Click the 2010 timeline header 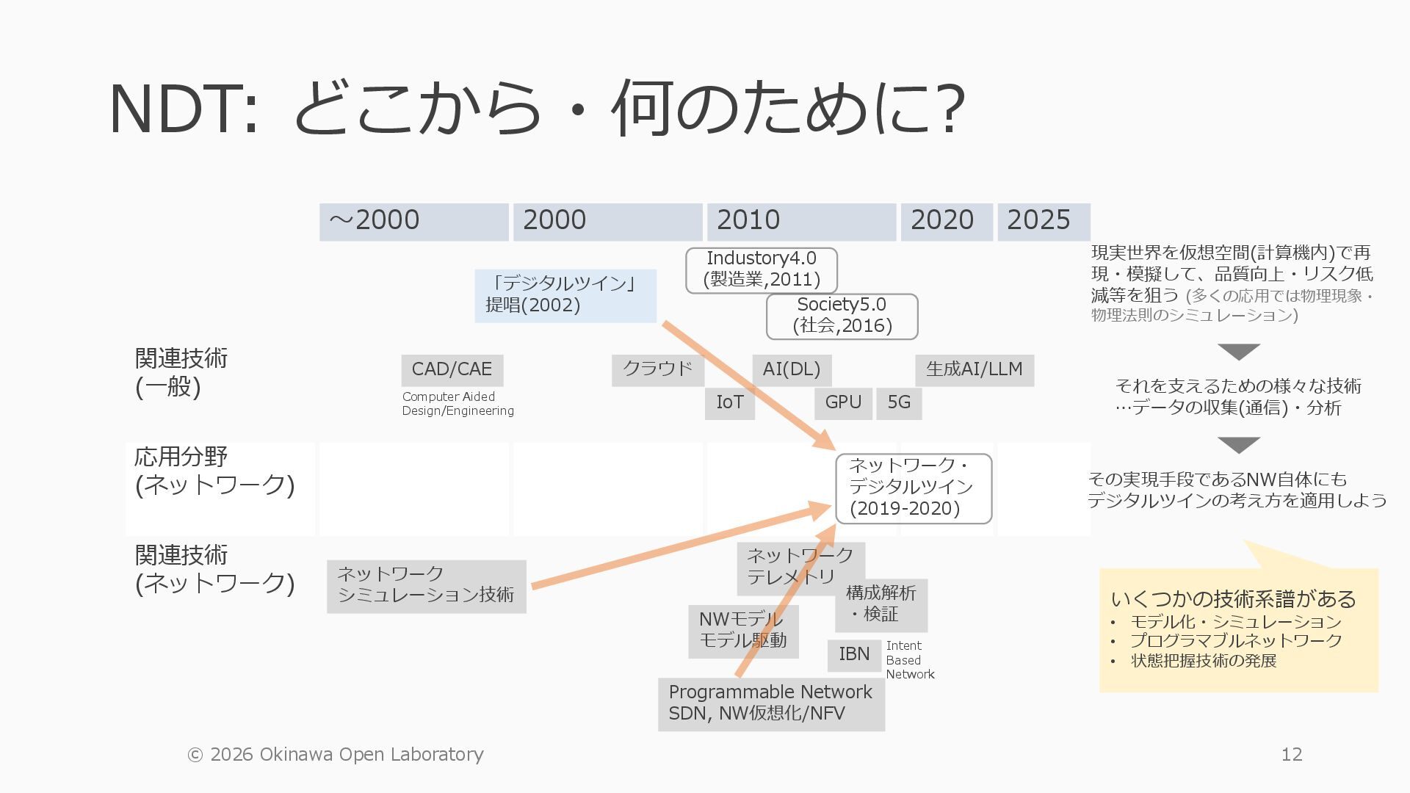tap(801, 222)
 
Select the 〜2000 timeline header tap(413, 222)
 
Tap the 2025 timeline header tap(1044, 222)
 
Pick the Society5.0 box tap(842, 316)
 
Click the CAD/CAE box tap(452, 370)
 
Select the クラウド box tap(657, 370)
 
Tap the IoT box tap(729, 403)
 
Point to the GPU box tap(843, 403)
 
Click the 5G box tap(899, 403)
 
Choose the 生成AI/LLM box tap(974, 370)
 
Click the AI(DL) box tap(791, 370)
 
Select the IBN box tap(854, 655)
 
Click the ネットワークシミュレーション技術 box tap(426, 586)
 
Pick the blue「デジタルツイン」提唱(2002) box tap(565, 295)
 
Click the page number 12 tap(1291, 755)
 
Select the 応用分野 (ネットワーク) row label tap(214, 471)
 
